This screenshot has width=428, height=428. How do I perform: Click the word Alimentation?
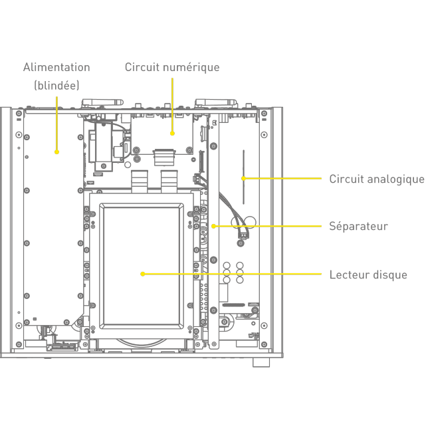pos(56,67)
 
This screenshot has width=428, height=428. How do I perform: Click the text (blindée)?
pos(56,85)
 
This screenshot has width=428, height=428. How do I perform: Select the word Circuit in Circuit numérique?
pos(142,67)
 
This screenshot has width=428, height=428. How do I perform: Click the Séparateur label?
pos(358,227)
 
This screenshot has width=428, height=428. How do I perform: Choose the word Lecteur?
pos(349,274)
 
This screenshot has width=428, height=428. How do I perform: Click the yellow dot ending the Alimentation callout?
pos(56,152)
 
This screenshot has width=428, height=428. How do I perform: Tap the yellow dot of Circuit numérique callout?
pos(172,134)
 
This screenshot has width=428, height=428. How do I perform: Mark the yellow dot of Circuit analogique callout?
pos(243,178)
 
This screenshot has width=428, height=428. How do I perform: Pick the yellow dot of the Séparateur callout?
pos(213,226)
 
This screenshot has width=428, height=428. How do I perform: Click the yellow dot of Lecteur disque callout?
pos(143,274)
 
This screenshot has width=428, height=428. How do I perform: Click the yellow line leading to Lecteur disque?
pos(233,274)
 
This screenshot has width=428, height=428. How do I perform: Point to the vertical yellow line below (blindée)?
pos(56,123)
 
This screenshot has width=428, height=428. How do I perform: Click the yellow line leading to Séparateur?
pos(266,226)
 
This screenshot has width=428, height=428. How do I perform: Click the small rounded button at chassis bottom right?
pos(261,363)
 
